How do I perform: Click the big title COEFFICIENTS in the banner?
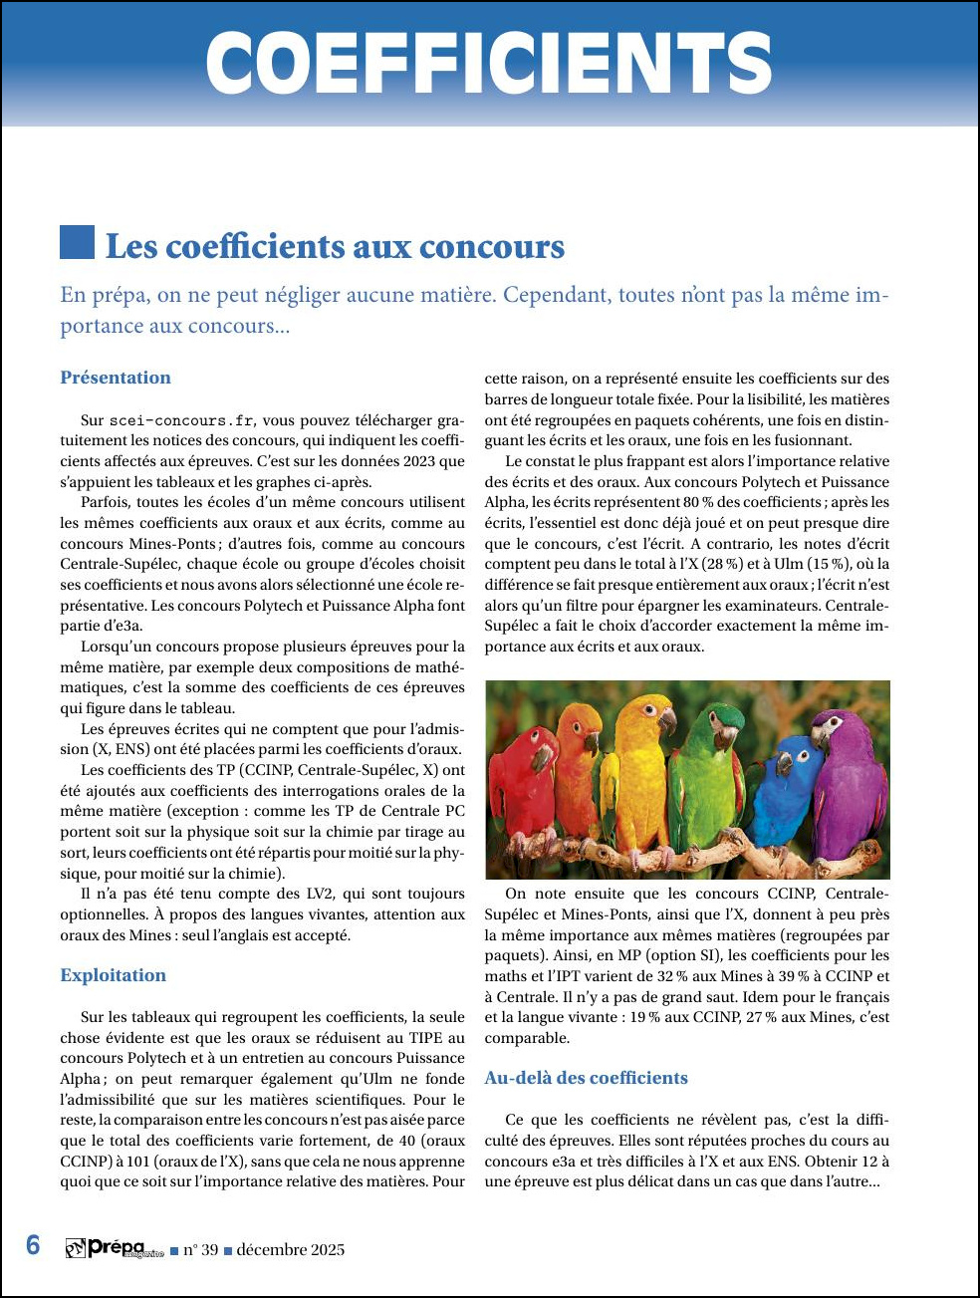(x=489, y=64)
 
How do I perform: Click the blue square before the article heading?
(x=77, y=242)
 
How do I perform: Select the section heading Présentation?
(x=116, y=378)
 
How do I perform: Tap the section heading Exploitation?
(x=114, y=975)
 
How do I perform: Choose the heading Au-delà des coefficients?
(x=586, y=1078)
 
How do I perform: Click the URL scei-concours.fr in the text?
(x=181, y=420)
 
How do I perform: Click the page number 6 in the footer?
(x=33, y=1246)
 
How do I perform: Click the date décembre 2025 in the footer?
(x=291, y=1250)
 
